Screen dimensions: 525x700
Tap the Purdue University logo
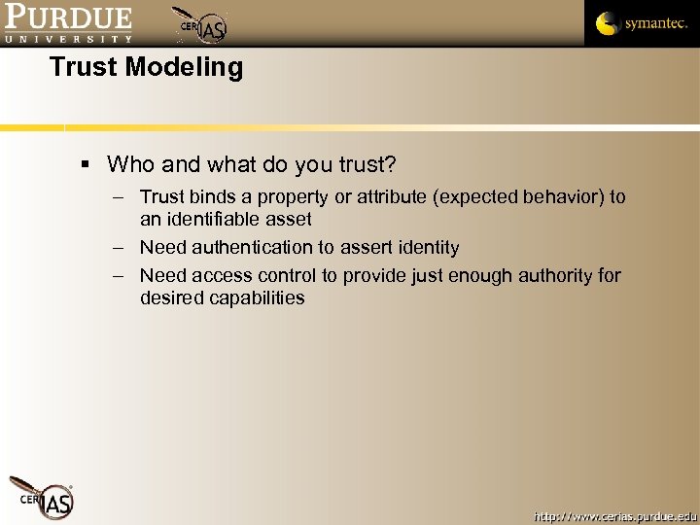[67, 23]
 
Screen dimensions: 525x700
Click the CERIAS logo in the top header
[202, 25]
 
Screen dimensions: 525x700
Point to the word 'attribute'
[393, 197]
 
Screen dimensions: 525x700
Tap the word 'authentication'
[248, 248]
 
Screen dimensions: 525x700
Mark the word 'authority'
[553, 276]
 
